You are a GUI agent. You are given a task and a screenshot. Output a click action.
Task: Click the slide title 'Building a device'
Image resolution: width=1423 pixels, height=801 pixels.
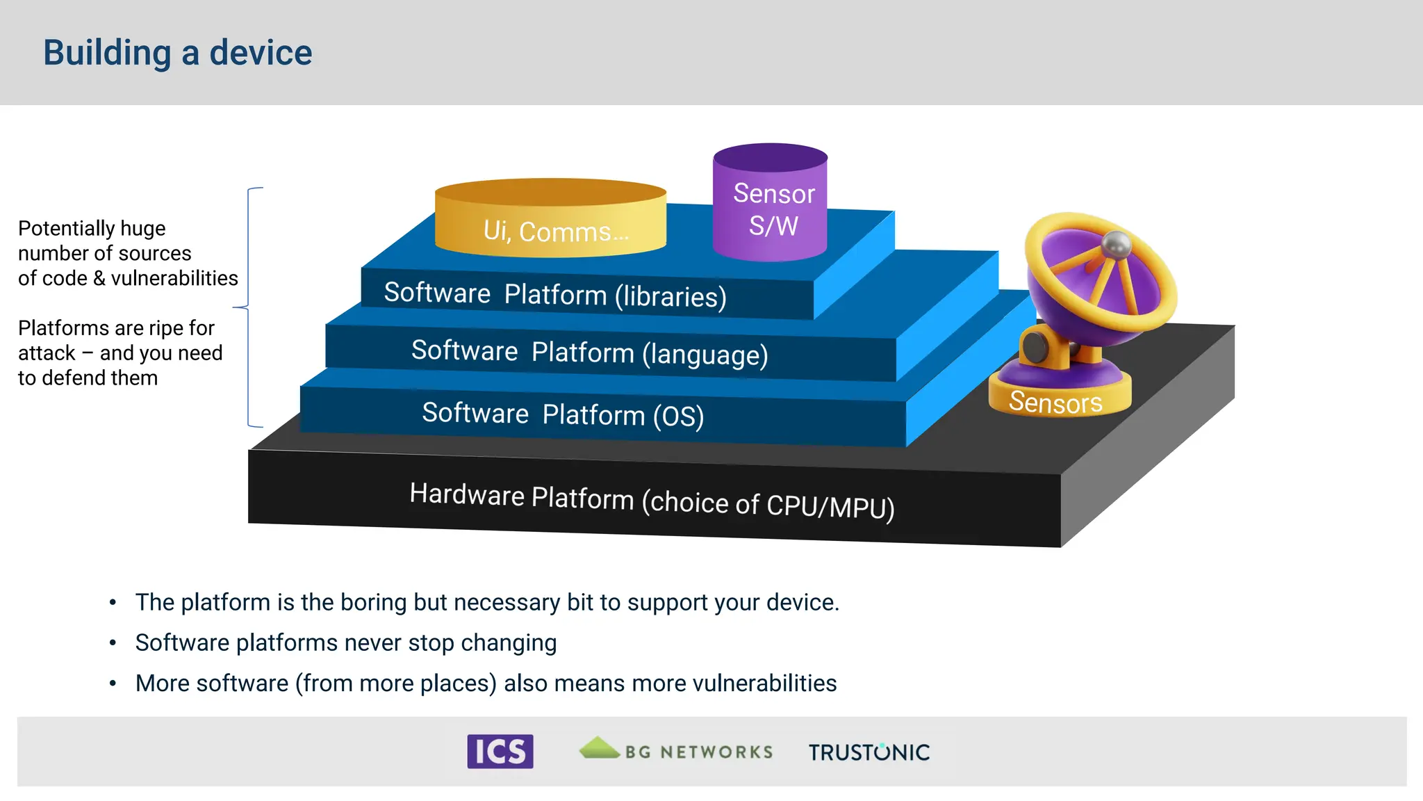click(178, 53)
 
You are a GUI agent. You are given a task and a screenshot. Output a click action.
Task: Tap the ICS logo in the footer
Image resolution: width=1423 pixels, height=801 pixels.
click(500, 752)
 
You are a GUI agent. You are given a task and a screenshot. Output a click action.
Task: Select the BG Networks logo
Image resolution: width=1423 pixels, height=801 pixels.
click(676, 750)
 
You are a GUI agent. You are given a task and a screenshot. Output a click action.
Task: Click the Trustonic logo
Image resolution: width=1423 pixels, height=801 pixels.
click(869, 752)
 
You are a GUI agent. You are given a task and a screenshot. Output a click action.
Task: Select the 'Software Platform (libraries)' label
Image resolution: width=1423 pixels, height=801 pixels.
click(554, 295)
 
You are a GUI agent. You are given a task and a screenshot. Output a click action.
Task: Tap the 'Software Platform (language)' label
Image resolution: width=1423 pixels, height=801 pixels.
click(589, 353)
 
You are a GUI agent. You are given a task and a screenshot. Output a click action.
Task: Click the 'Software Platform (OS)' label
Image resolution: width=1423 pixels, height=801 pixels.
click(563, 414)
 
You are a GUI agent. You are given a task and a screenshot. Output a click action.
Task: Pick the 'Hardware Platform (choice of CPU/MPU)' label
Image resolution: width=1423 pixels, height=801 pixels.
click(652, 500)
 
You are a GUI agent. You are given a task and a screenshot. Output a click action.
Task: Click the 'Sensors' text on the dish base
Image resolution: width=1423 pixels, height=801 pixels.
click(1055, 403)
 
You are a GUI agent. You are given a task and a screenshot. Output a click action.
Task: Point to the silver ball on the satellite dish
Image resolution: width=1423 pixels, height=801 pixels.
click(1117, 243)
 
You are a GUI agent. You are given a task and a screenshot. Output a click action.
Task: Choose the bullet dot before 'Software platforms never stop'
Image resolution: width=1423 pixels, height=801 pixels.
click(113, 643)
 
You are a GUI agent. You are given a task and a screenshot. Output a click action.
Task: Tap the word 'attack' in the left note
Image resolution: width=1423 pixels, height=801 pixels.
click(47, 353)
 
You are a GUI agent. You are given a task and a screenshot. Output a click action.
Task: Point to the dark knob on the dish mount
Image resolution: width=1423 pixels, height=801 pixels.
click(1035, 346)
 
